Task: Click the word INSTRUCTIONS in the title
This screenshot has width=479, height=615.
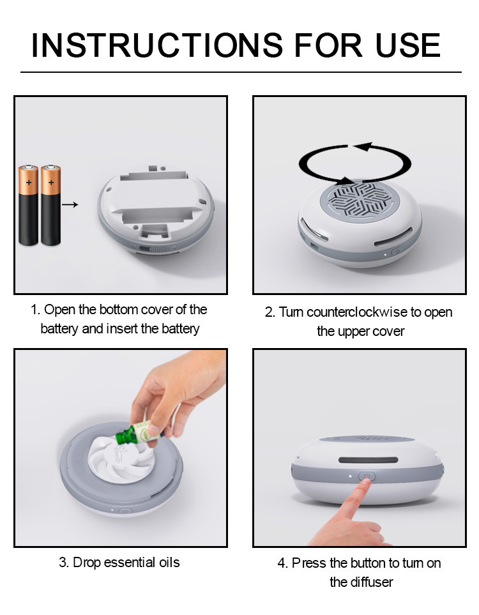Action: coord(157,45)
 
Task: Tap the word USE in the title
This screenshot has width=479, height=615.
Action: coord(408,45)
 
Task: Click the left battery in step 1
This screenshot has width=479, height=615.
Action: coord(29,205)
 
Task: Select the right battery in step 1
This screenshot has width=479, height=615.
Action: coord(51,205)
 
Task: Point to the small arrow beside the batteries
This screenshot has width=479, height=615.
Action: coord(70,204)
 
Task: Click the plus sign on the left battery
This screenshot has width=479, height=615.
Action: coord(29,183)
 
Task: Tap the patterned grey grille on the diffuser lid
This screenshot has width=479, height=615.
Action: coord(360,201)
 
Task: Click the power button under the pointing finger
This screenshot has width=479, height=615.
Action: coord(367,476)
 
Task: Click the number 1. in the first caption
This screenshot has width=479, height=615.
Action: coord(36,310)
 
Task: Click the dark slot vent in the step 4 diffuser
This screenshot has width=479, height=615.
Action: coord(369,460)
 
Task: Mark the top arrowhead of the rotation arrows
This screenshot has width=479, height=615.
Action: coord(363,147)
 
